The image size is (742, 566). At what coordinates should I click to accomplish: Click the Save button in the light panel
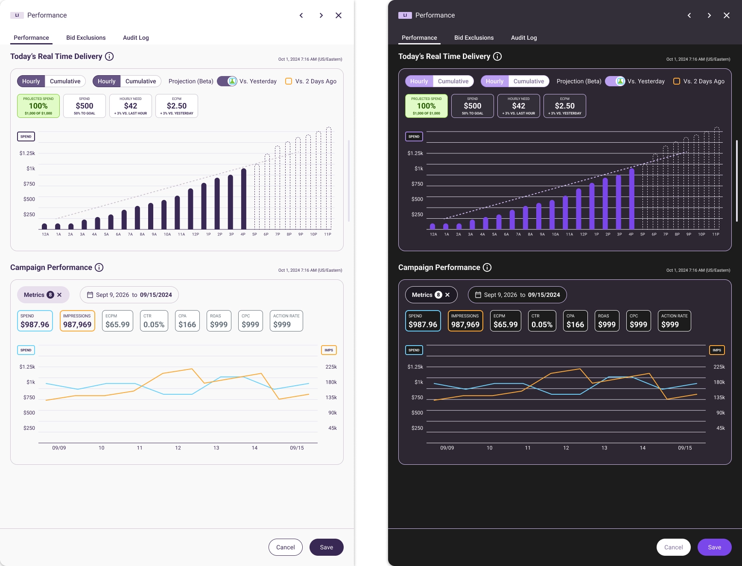326,547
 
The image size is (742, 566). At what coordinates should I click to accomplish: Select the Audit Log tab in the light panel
136,38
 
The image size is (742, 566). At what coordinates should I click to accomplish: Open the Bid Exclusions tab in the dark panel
474,38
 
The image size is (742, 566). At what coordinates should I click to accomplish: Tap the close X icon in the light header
339,15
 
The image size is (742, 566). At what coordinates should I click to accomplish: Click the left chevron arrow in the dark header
689,15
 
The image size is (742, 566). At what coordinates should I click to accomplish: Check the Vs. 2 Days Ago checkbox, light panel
289,81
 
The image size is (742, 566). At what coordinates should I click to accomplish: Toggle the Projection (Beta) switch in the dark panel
615,81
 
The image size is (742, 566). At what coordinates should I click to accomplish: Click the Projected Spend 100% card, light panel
38,106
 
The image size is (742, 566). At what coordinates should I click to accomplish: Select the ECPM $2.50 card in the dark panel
564,106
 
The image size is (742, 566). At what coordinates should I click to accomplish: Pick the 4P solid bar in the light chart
244,199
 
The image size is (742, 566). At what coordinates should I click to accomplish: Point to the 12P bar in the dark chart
578,209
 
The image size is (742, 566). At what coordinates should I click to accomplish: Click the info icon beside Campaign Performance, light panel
99,267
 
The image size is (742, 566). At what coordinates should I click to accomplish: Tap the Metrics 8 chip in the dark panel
431,295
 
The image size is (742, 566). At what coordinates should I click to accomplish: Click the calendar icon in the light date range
90,295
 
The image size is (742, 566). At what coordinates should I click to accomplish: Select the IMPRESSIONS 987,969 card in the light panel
77,321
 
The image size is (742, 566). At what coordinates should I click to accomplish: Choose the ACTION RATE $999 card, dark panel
674,321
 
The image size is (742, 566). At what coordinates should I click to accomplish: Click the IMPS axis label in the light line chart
329,350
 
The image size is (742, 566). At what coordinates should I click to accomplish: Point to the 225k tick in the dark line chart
719,367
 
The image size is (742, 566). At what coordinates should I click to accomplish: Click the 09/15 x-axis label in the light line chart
297,448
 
